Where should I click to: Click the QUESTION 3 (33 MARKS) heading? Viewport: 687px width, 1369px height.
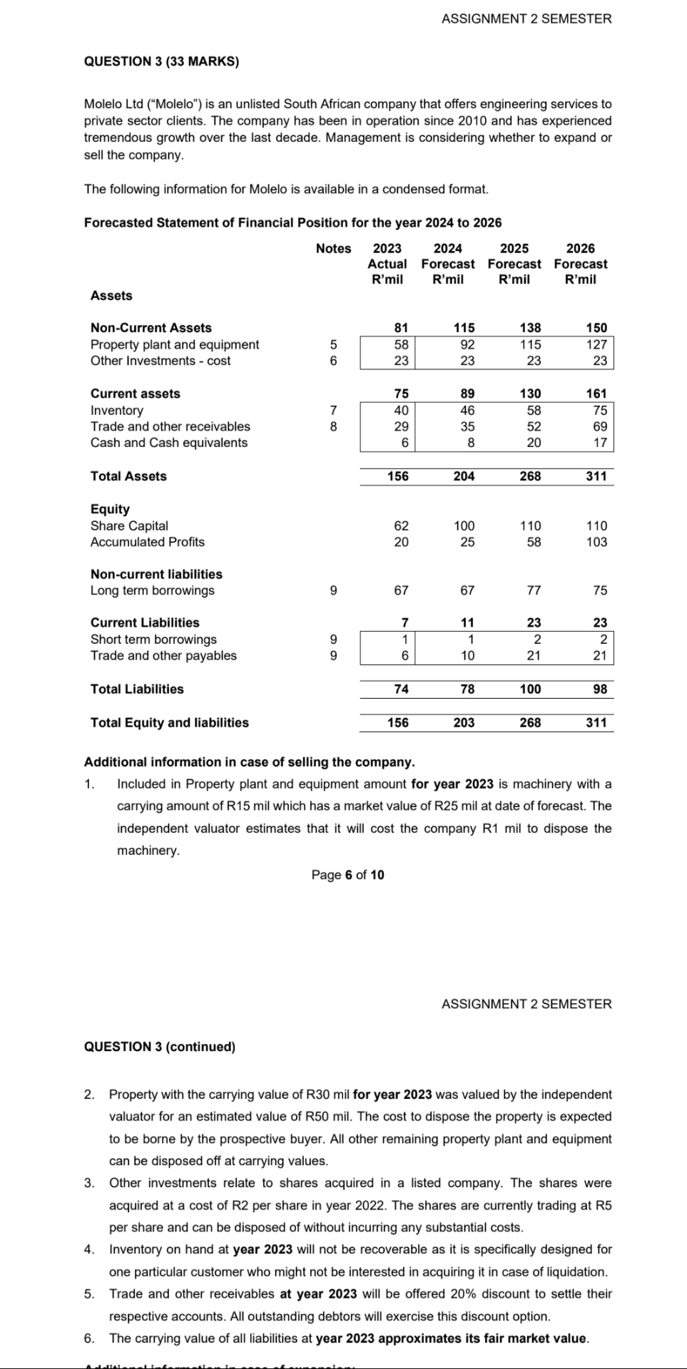[x=161, y=61]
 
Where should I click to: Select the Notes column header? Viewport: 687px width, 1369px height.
[x=333, y=248]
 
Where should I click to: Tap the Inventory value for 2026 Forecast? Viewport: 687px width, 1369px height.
[x=600, y=410]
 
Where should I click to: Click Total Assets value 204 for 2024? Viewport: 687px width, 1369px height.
[x=464, y=476]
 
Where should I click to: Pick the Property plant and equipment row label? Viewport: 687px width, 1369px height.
[x=175, y=344]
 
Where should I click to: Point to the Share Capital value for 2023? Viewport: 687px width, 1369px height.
[x=401, y=525]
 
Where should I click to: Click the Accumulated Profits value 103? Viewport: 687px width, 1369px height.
[x=596, y=542]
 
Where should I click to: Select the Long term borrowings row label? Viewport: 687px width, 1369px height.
[x=152, y=590]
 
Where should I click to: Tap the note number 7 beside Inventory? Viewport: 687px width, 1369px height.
[x=333, y=410]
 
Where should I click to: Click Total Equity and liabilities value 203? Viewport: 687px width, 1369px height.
[x=464, y=722]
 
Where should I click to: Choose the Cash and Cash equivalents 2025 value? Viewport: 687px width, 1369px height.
[x=533, y=443]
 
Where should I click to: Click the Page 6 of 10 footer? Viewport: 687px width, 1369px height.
[x=347, y=875]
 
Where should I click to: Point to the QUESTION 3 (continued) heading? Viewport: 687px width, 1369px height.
[x=160, y=1047]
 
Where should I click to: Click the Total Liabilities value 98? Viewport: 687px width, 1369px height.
[x=600, y=689]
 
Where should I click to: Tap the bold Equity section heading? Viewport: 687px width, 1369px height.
[x=110, y=509]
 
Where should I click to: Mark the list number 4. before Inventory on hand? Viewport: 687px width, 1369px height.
[x=89, y=1249]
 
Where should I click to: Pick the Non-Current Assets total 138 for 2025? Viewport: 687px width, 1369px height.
[x=530, y=328]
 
